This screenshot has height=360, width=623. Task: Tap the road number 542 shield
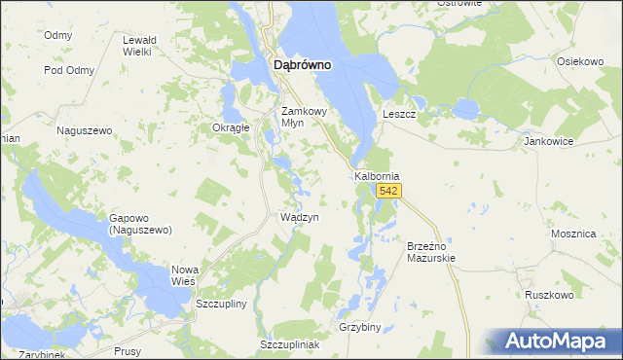[x=389, y=192]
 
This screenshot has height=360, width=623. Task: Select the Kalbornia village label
[x=377, y=176]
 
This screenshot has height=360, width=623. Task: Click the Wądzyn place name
[x=299, y=217]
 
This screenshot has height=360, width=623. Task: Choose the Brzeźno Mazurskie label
[x=431, y=253]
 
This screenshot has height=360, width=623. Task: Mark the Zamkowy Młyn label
[x=307, y=117]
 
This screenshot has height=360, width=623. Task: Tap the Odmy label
[x=58, y=35]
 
